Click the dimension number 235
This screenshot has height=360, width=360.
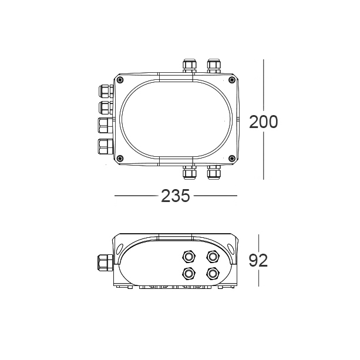click(176, 196)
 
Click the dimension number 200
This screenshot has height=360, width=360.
click(263, 122)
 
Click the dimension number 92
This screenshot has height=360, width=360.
click(258, 260)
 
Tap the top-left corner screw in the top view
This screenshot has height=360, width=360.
click(121, 79)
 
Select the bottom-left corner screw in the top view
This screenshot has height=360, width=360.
click(121, 157)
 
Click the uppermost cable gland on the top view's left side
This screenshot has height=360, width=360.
click(105, 92)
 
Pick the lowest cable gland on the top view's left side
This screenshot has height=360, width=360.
click(105, 146)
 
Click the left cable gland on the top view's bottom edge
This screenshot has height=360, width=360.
click(190, 172)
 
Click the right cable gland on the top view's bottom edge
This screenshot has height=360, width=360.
click(213, 172)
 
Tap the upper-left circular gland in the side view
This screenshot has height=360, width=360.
click(189, 256)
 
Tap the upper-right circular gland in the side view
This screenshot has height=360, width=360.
click(212, 256)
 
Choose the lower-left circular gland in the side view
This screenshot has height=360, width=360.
click(189, 273)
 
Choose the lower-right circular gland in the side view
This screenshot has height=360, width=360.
click(212, 273)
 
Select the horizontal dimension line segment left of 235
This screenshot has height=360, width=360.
click(136, 196)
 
